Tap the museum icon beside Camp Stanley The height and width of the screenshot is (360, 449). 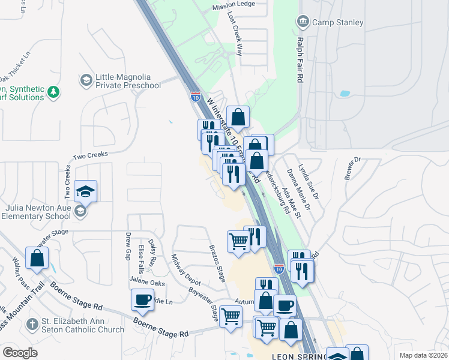point(303,23)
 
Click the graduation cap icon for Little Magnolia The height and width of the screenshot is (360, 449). point(86,80)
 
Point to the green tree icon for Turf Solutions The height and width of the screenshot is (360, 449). point(54,92)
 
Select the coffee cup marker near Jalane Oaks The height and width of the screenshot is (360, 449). point(143,299)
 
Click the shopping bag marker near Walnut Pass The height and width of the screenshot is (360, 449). point(37,258)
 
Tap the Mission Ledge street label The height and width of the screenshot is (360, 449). point(233,8)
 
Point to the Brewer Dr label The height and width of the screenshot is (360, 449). point(352,167)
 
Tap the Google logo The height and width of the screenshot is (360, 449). point(20,353)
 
